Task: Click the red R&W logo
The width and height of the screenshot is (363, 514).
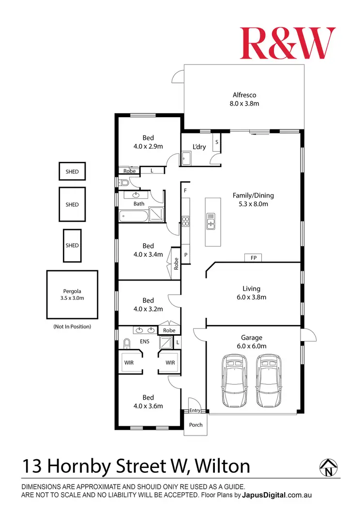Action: [287, 43]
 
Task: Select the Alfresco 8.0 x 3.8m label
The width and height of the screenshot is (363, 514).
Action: [244, 99]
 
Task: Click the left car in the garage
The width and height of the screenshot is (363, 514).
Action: [234, 381]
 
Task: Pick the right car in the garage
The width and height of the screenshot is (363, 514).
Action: [269, 381]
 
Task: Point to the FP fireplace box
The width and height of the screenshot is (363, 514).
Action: [253, 258]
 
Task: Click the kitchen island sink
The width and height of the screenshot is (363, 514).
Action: [211, 224]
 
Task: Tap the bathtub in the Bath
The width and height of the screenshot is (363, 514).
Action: [132, 215]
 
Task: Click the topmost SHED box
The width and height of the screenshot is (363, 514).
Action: [72, 171]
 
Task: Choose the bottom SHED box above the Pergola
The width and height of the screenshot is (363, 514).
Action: [72, 245]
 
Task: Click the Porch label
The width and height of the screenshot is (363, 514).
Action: [196, 425]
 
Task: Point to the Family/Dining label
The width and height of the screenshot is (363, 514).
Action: [253, 200]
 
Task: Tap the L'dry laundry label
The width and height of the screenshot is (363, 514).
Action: [199, 147]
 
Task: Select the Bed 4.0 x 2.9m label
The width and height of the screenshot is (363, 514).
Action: [148, 142]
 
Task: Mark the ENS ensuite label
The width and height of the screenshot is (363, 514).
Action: [144, 342]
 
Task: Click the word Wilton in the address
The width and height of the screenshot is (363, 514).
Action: [223, 467]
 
